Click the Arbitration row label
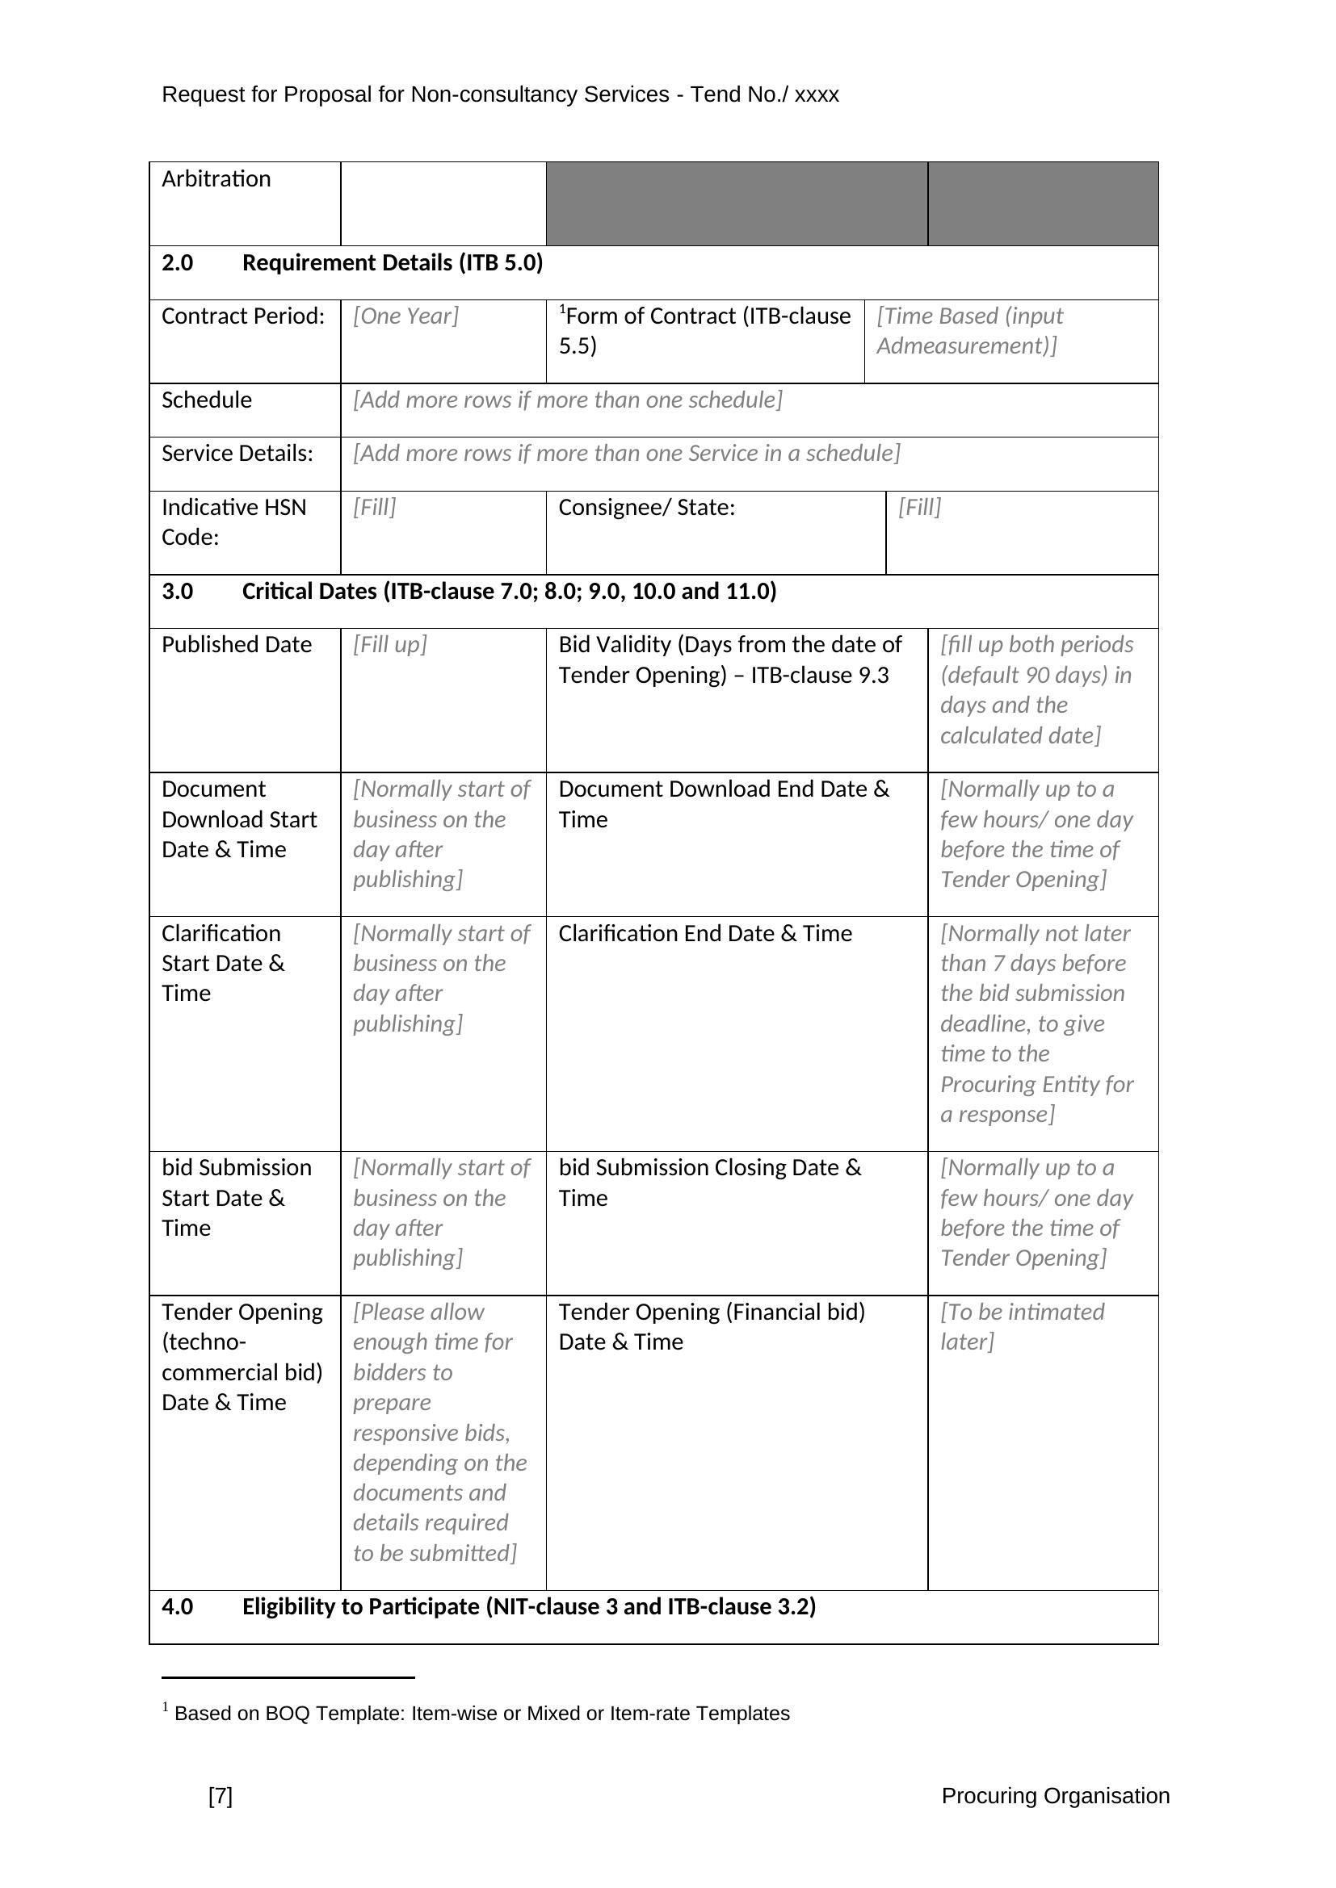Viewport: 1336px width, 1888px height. [x=216, y=179]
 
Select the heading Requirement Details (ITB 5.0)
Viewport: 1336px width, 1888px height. [x=393, y=263]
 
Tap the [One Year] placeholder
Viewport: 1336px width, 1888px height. [x=405, y=316]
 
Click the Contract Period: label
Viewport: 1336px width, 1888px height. [x=242, y=316]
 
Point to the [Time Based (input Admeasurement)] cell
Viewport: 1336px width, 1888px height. [x=969, y=331]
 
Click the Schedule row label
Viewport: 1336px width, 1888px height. [x=207, y=400]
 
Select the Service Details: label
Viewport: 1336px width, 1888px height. [x=237, y=454]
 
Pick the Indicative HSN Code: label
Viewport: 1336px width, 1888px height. [x=233, y=522]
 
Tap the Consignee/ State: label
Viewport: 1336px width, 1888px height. [x=647, y=508]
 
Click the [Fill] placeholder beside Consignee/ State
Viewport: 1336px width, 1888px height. [x=920, y=508]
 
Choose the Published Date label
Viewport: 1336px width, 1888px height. [x=236, y=645]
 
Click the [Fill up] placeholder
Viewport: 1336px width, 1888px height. [x=390, y=645]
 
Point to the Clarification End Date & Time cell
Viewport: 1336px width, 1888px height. [x=705, y=934]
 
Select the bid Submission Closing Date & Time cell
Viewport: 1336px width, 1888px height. [x=709, y=1183]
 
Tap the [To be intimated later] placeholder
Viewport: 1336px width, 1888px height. [x=1022, y=1326]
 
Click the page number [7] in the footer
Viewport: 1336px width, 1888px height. [x=221, y=1796]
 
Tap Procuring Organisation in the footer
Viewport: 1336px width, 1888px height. [x=1056, y=1796]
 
